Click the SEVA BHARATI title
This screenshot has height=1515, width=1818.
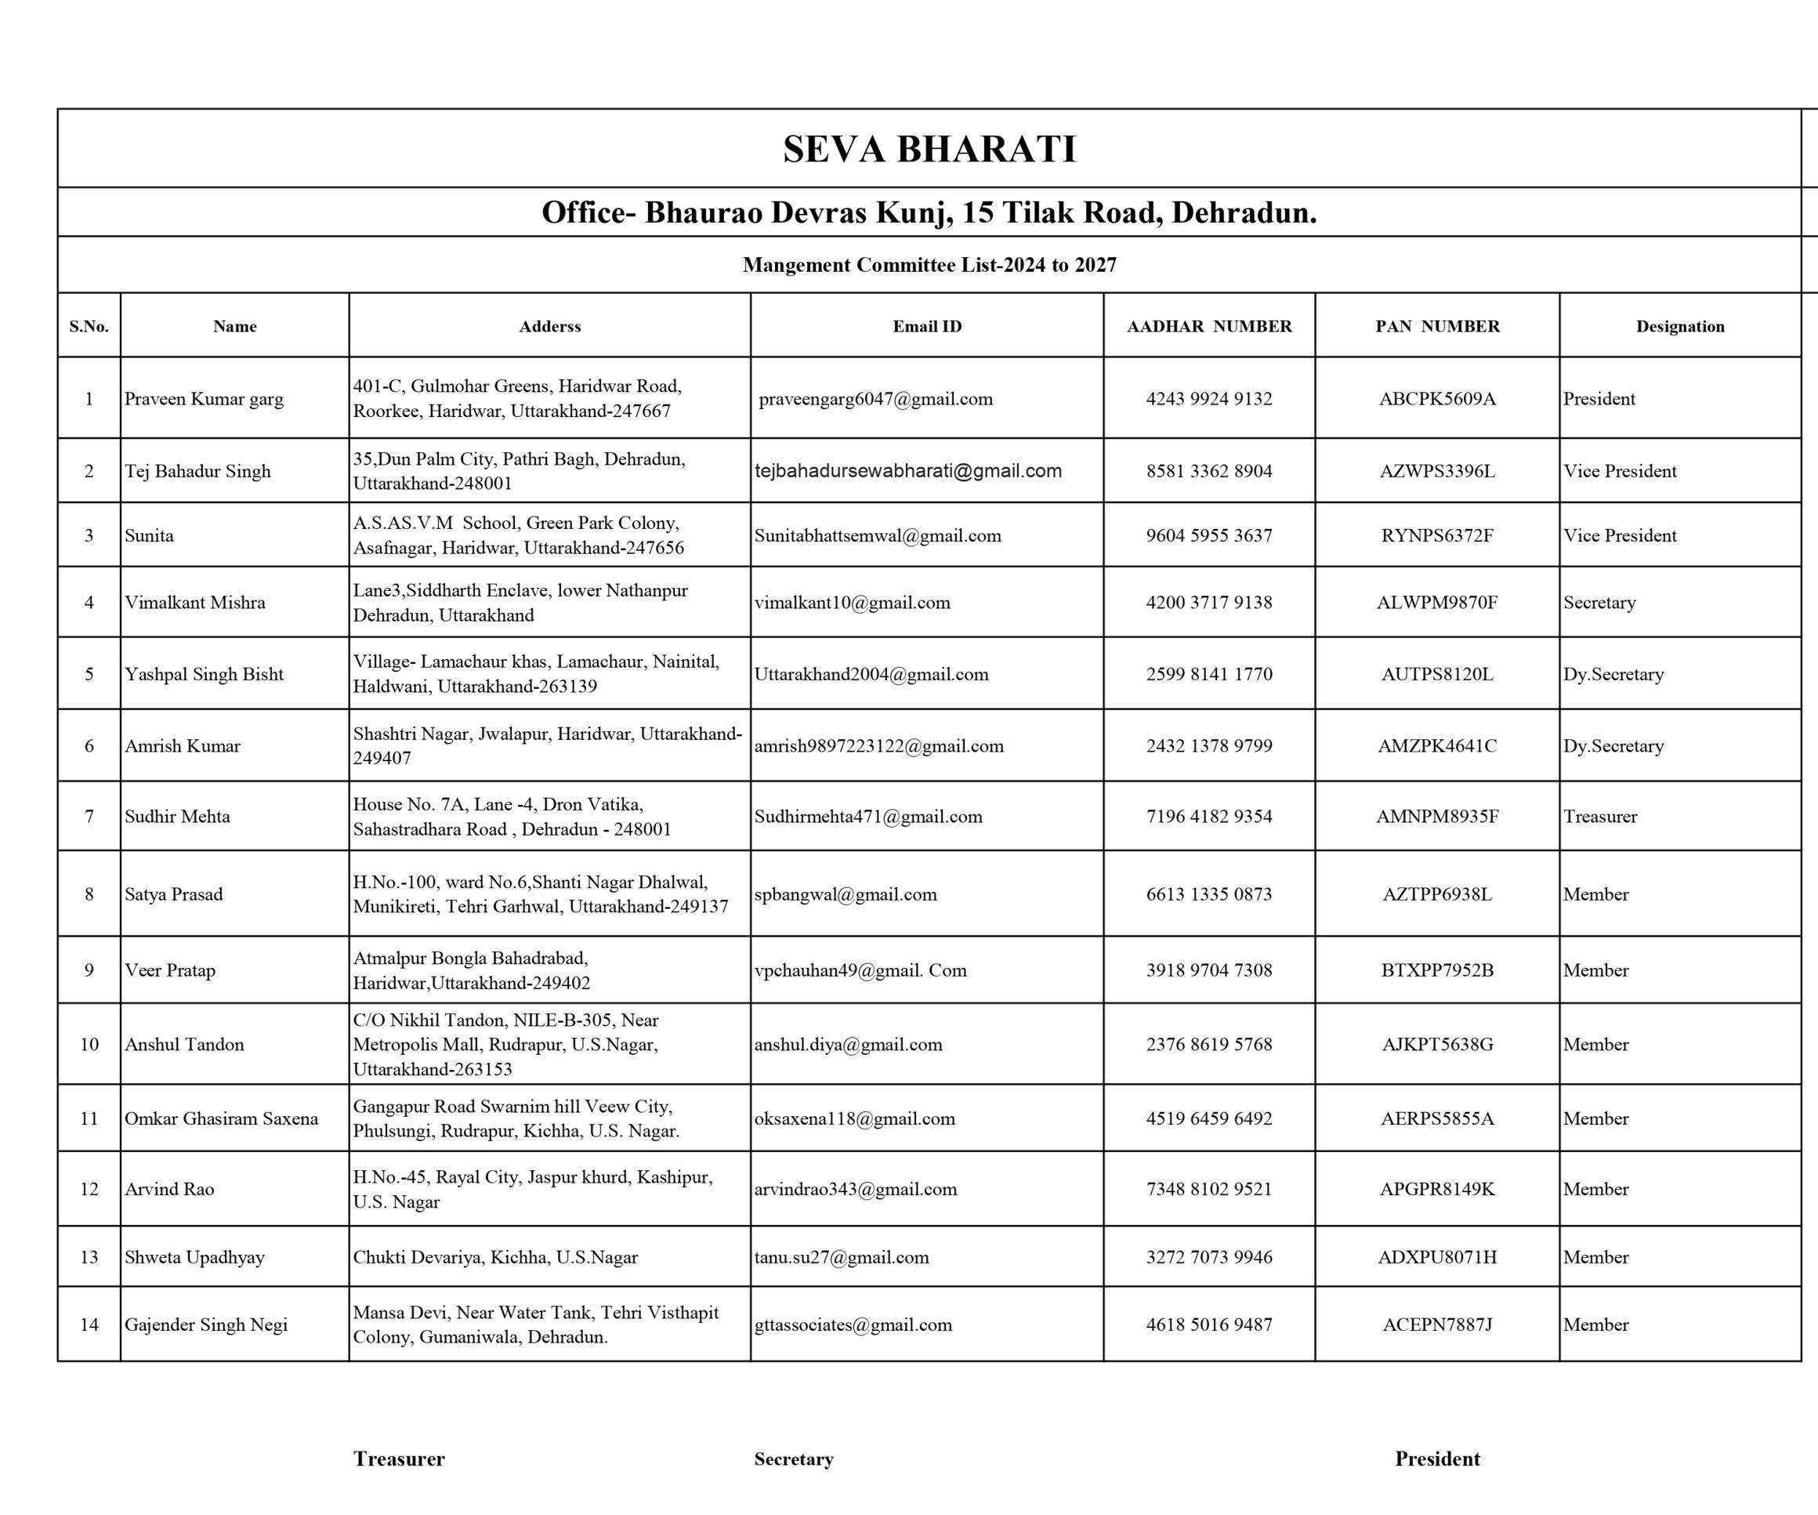coord(929,150)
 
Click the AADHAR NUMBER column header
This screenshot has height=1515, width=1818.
coord(1208,326)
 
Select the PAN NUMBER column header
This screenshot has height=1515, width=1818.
coord(1437,326)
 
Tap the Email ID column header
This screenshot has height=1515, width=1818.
coord(927,326)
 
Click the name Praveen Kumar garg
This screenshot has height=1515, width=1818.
coord(204,399)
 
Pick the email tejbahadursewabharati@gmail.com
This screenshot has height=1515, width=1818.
coord(908,471)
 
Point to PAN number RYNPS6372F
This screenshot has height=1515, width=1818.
coord(1437,535)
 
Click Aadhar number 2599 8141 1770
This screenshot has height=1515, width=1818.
coord(1208,674)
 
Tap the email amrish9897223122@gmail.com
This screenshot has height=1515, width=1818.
coord(878,746)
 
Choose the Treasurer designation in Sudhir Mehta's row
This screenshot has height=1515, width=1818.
coord(1600,817)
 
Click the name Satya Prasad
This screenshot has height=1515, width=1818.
coord(173,894)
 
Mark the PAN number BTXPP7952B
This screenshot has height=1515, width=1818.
coord(1437,970)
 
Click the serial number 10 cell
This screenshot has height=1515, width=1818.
coord(89,1044)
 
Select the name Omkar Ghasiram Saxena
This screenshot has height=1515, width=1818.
coord(221,1118)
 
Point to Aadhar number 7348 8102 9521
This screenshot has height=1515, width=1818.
coord(1208,1190)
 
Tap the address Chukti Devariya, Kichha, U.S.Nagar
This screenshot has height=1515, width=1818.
coord(494,1257)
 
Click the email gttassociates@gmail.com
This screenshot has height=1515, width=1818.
coord(853,1325)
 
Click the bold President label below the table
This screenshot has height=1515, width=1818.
coord(1437,1459)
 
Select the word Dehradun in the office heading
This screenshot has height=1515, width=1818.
coord(1243,213)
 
